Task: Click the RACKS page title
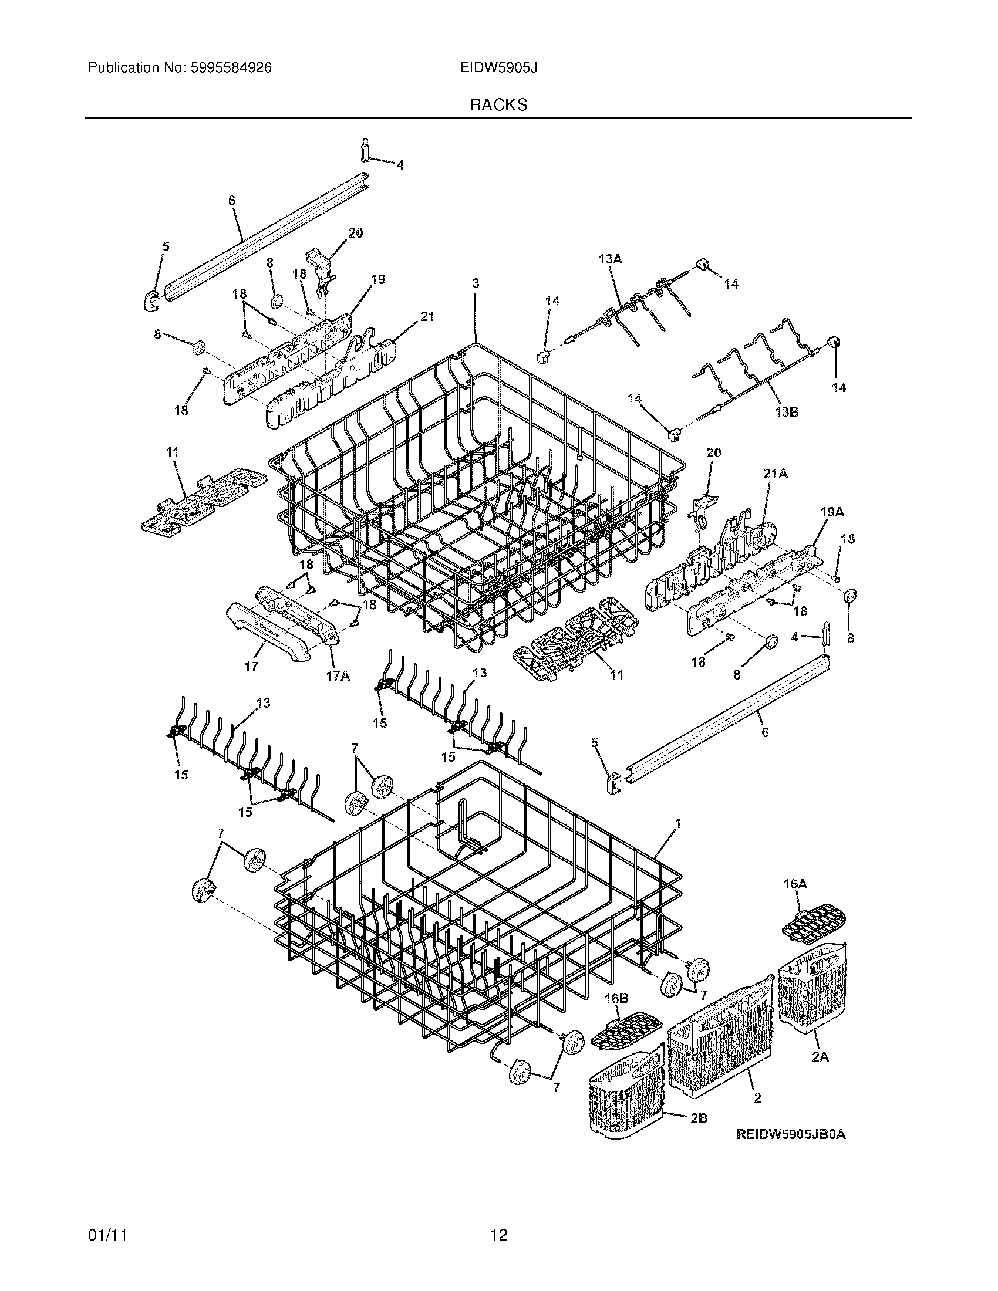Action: point(498,104)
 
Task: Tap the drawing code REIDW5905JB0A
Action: point(791,1134)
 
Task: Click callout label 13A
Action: point(611,259)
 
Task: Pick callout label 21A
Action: point(776,474)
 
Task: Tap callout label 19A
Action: point(832,512)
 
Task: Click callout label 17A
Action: point(338,675)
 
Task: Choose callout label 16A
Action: point(795,900)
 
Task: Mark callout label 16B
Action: point(616,998)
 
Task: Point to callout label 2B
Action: point(698,1118)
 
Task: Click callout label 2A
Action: point(820,1057)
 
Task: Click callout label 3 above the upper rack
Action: point(476,284)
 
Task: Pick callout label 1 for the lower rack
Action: point(678,823)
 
